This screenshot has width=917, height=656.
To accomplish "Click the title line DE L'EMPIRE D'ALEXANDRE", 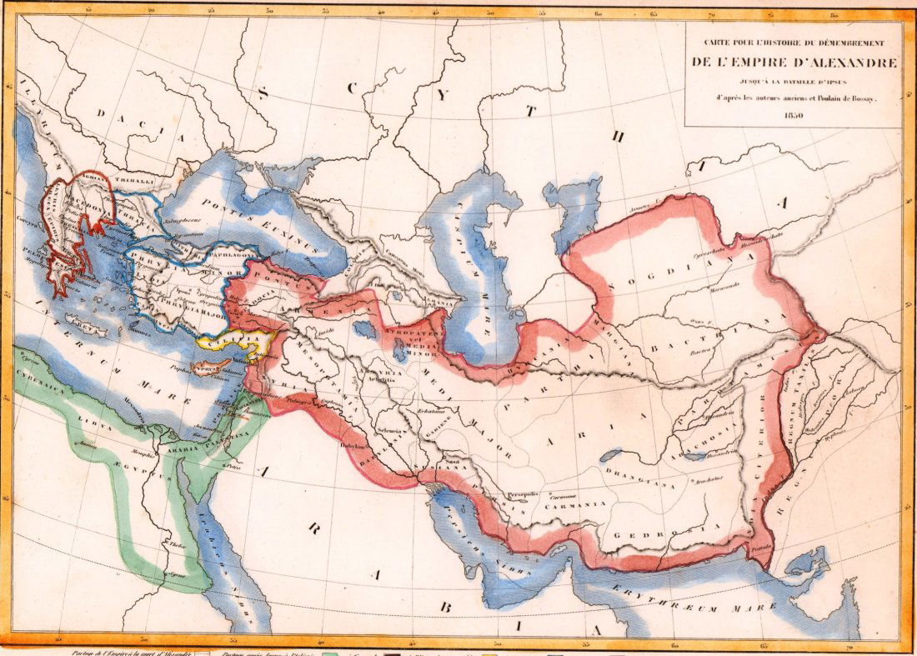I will pyautogui.click(x=794, y=63).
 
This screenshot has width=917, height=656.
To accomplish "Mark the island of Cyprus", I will pyautogui.click(x=209, y=368).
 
